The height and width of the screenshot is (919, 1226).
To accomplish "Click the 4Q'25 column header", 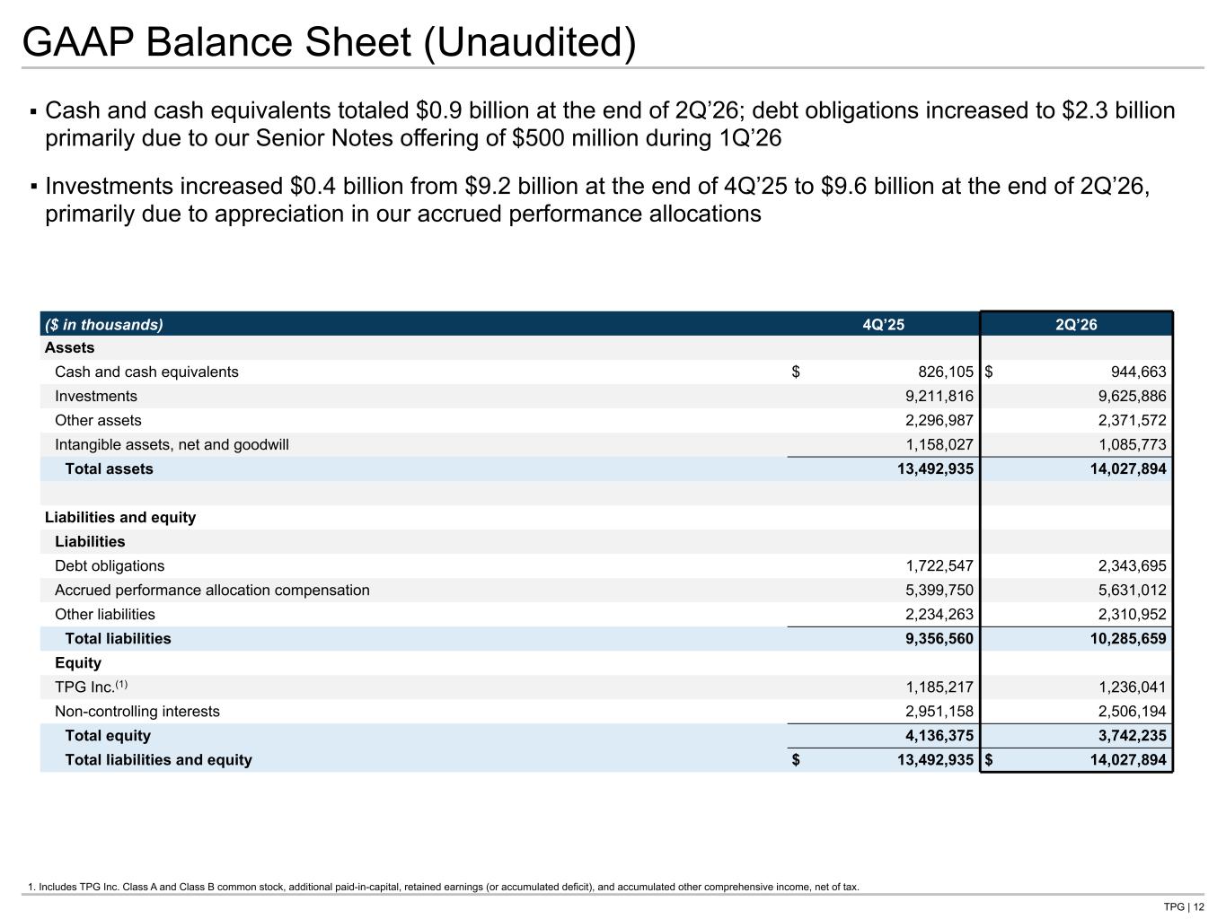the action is point(883,325).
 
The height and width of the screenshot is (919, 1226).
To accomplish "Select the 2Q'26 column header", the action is point(1076,325).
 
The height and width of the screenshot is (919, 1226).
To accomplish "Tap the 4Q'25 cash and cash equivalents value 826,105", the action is point(946,372).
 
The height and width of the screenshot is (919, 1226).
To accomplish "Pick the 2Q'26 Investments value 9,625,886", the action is point(1133,396).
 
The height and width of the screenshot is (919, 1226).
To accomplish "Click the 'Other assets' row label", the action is point(98,420).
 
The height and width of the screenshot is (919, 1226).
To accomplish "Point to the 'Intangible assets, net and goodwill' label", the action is point(172,445).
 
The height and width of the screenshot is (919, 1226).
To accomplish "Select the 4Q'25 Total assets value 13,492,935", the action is point(936,468).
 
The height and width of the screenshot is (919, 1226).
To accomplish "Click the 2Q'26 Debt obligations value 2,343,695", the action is point(1133,565).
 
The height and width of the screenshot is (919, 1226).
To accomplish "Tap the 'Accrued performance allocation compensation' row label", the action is point(212,591).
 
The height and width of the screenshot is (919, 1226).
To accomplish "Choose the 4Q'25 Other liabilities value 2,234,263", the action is point(939,615).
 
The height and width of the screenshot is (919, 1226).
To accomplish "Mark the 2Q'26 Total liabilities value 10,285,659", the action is point(1128,639).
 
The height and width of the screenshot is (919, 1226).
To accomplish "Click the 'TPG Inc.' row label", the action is point(91,687).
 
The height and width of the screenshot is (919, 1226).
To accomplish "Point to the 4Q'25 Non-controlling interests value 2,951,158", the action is point(939,712).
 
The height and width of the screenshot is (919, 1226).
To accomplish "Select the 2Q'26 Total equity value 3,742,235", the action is point(1133,736).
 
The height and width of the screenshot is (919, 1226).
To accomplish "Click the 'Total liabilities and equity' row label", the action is point(159,760).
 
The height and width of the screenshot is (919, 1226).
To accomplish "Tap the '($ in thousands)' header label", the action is point(104,325).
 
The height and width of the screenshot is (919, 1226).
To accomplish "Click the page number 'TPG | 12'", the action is point(1184,906).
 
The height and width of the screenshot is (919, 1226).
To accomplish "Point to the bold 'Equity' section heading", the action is point(78,663).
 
